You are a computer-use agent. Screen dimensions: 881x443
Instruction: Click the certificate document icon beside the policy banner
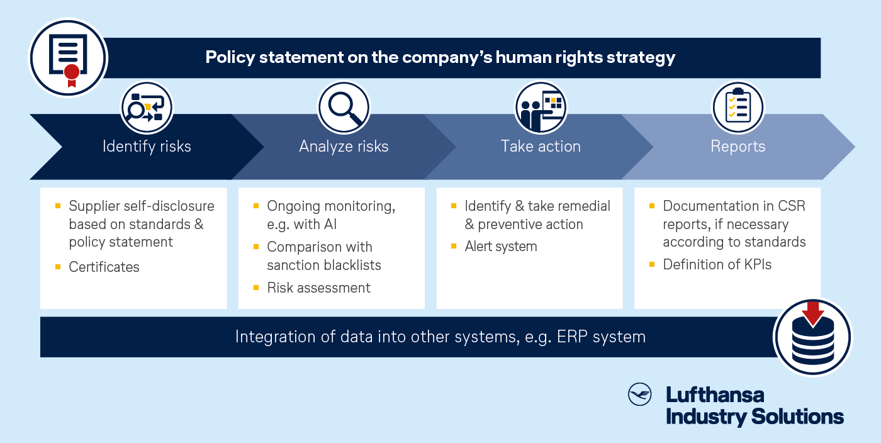click(x=68, y=59)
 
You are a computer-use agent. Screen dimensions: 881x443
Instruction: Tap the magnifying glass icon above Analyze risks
click(x=344, y=108)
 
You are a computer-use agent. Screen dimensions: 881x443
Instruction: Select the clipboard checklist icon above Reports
click(x=738, y=108)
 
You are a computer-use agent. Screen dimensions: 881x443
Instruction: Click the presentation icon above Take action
click(x=541, y=108)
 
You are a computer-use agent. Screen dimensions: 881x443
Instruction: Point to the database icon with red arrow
click(x=812, y=337)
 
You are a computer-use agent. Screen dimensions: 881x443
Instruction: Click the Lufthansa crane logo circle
click(x=639, y=394)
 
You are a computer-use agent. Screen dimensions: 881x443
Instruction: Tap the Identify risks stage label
click(x=147, y=147)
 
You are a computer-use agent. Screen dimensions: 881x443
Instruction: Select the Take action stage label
click(x=541, y=147)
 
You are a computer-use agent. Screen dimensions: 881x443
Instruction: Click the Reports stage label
click(x=738, y=147)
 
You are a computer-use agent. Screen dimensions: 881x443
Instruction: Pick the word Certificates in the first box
click(x=104, y=267)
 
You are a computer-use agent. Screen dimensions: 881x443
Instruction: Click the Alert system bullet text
click(x=501, y=246)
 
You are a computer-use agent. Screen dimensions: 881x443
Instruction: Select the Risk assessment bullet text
click(x=318, y=288)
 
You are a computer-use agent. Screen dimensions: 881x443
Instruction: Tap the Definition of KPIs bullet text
click(x=717, y=264)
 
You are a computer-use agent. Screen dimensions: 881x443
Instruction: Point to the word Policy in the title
click(x=230, y=57)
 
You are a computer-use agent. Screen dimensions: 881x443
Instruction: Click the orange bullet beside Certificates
click(x=58, y=267)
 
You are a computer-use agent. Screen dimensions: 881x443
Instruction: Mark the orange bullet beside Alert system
click(x=454, y=246)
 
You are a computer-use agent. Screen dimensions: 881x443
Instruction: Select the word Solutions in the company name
click(x=797, y=416)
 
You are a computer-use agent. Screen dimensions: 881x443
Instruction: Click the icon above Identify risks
click(x=147, y=108)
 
